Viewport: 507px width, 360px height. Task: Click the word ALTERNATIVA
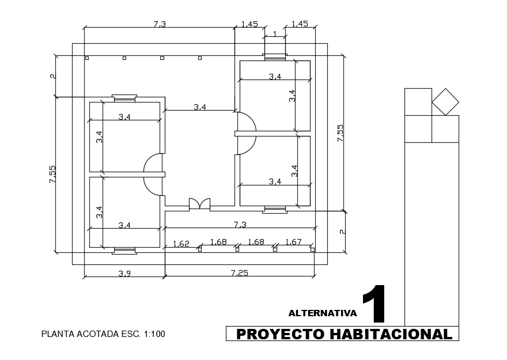[323, 313]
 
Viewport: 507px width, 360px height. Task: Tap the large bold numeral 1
[374, 304]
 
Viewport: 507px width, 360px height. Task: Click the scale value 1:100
[154, 334]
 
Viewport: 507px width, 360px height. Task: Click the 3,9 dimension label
[124, 274]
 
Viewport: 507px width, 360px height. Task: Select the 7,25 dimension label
[240, 273]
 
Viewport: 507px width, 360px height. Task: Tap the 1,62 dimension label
[181, 244]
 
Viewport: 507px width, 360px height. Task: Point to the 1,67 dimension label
[293, 242]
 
